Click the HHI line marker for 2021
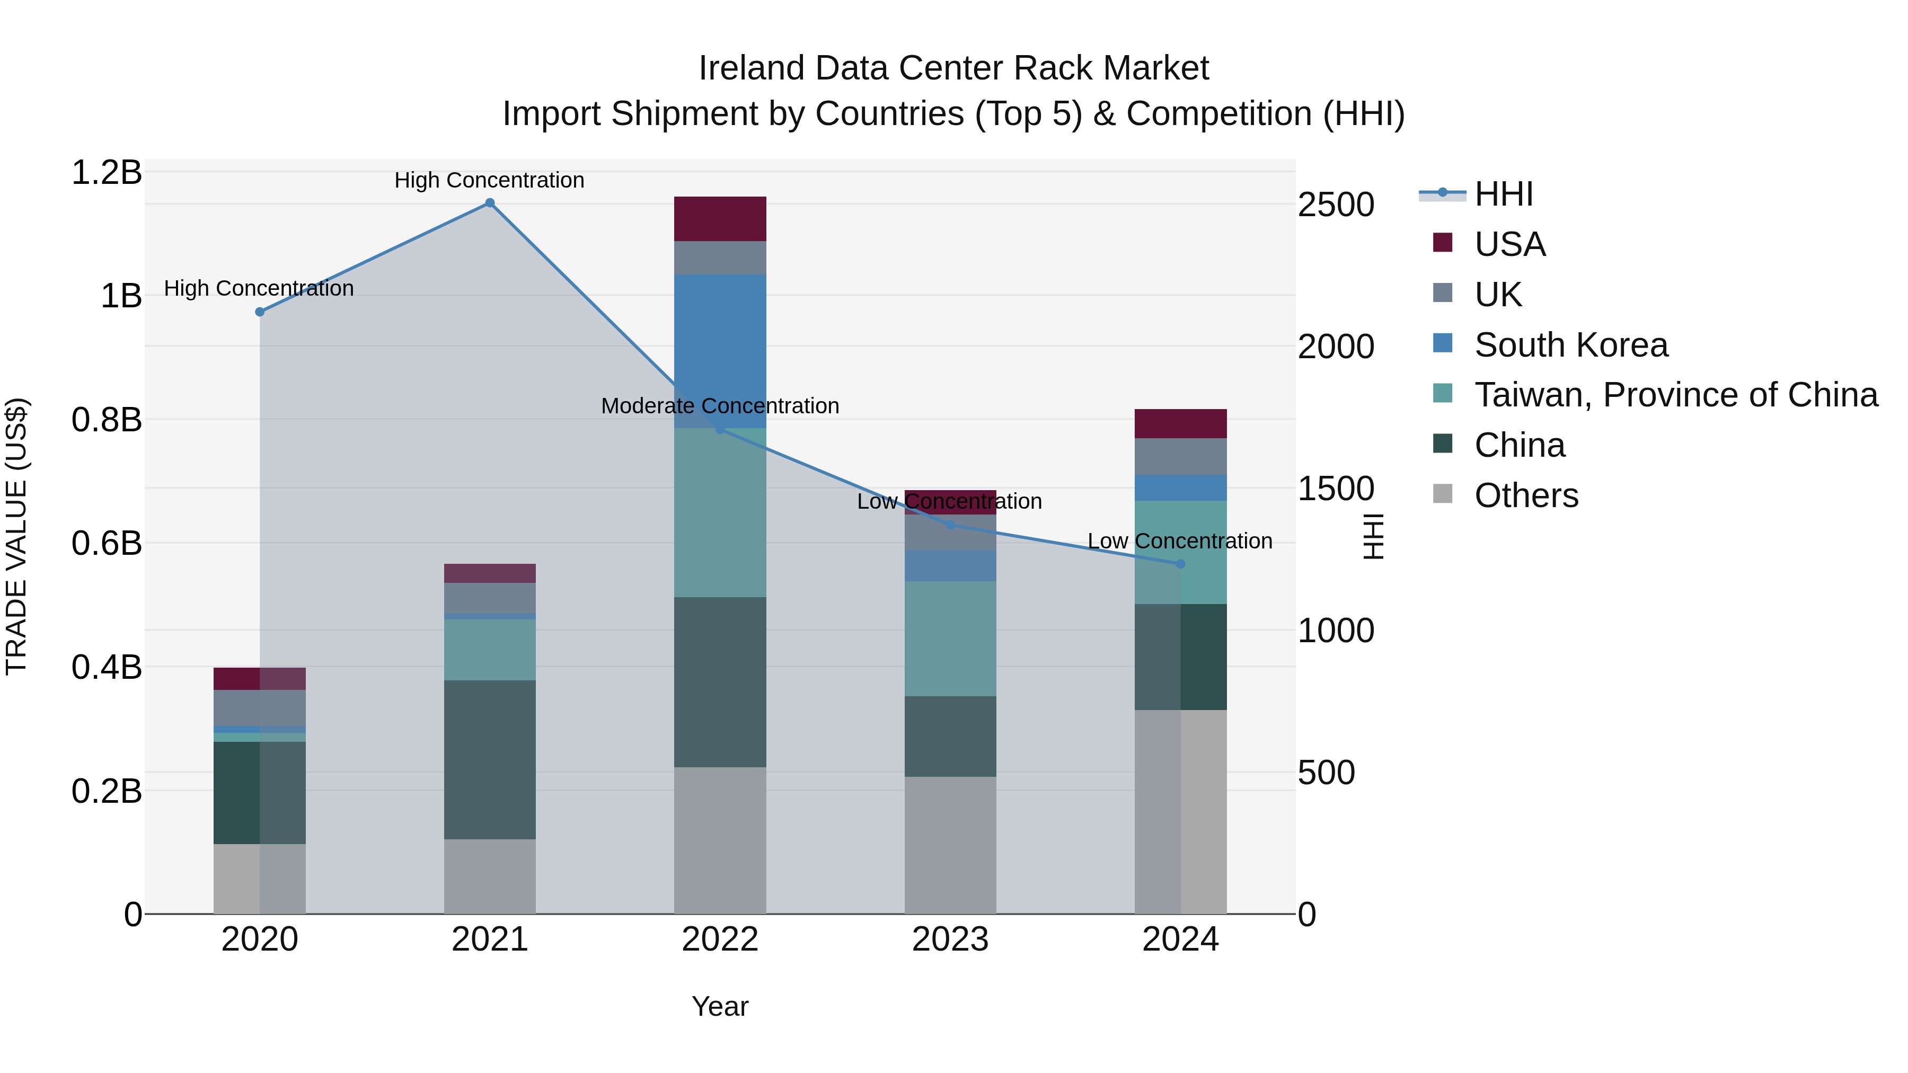pyautogui.click(x=490, y=203)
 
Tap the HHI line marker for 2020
pyautogui.click(x=259, y=312)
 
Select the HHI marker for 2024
pyautogui.click(x=1181, y=564)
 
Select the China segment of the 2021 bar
pyautogui.click(x=490, y=759)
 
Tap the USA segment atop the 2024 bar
pyautogui.click(x=1181, y=423)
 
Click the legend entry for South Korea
pyautogui.click(x=1570, y=345)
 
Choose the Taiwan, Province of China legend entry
pyautogui.click(x=1675, y=395)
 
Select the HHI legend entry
pyautogui.click(x=1503, y=194)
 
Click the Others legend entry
pyautogui.click(x=1526, y=495)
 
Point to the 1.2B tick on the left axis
pyautogui.click(x=107, y=173)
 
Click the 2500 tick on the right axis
pyautogui.click(x=1336, y=205)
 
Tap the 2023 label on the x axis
pyautogui.click(x=950, y=939)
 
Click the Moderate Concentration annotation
pyautogui.click(x=720, y=406)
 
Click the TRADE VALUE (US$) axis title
pyautogui.click(x=16, y=536)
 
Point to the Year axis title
pyautogui.click(x=720, y=1006)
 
